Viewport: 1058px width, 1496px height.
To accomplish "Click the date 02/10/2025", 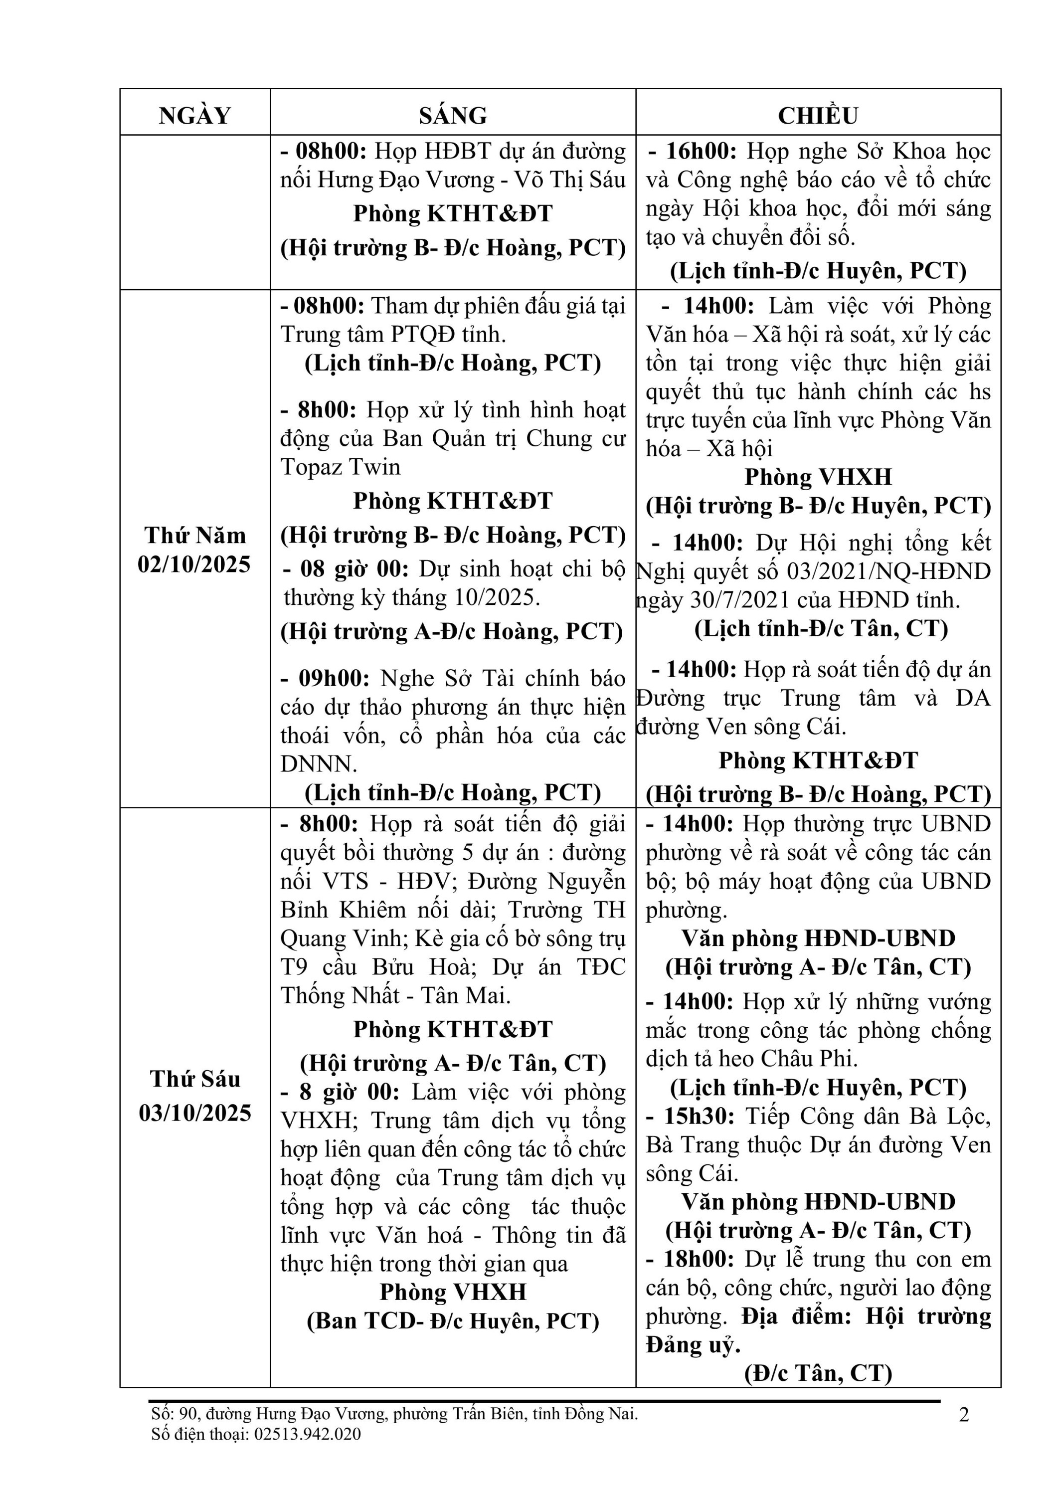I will tap(194, 564).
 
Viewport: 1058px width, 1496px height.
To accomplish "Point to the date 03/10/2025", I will tap(195, 1113).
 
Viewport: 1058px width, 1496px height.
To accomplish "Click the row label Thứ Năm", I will tap(195, 536).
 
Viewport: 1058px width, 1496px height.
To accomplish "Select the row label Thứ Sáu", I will tap(195, 1079).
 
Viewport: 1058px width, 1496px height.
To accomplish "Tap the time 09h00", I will tap(334, 678).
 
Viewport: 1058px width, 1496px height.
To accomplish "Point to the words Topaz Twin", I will tap(341, 467).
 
